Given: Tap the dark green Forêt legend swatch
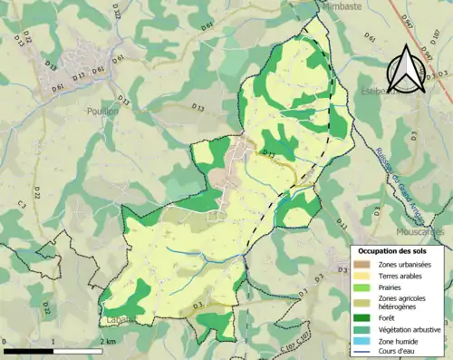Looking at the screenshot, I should (x=361, y=317).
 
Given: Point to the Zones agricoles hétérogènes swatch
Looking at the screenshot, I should (x=361, y=301).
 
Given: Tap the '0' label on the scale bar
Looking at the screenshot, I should (x=6, y=342).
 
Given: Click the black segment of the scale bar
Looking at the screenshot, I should (x=30, y=350).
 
